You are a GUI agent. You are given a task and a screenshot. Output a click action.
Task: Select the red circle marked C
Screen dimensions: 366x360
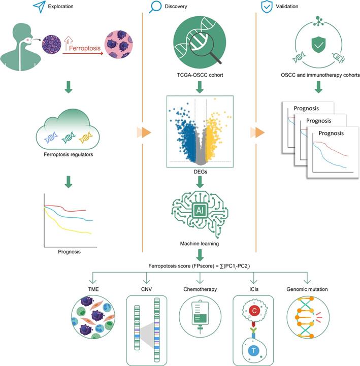252,309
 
